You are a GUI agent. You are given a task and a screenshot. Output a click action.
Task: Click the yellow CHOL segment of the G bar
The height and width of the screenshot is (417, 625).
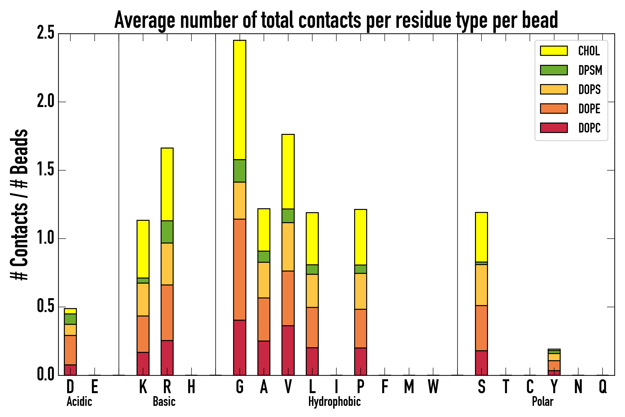239,100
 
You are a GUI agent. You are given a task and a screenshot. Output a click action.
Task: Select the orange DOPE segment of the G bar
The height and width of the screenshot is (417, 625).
239,269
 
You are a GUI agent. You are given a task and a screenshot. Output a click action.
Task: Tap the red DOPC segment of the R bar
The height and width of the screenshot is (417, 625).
167,358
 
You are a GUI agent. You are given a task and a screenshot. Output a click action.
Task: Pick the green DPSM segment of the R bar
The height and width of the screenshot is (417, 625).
167,232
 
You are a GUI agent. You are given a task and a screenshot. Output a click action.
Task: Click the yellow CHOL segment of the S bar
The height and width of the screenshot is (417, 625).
481,237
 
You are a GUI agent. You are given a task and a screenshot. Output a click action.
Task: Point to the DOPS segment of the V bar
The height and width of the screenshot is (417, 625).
288,247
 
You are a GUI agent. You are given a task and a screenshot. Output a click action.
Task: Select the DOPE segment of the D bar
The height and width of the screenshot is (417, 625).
70,350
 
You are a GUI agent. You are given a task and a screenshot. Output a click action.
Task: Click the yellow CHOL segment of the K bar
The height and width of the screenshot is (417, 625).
143,249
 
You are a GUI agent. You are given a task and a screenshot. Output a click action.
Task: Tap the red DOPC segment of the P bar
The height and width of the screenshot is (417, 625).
360,361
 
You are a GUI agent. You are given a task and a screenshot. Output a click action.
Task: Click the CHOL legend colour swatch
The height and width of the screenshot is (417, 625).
553,51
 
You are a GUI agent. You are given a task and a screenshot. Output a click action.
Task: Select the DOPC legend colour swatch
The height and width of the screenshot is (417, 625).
553,128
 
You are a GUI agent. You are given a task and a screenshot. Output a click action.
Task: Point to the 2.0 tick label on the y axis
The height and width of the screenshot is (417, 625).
45,102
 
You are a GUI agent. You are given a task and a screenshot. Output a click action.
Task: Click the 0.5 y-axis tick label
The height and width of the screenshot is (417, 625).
45,307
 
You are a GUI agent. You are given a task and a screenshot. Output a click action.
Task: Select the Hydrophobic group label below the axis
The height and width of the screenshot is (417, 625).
334,401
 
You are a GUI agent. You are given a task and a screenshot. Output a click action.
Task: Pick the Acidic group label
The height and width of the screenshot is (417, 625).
79,401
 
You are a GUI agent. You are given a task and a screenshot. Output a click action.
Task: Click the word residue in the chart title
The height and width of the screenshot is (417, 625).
423,20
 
